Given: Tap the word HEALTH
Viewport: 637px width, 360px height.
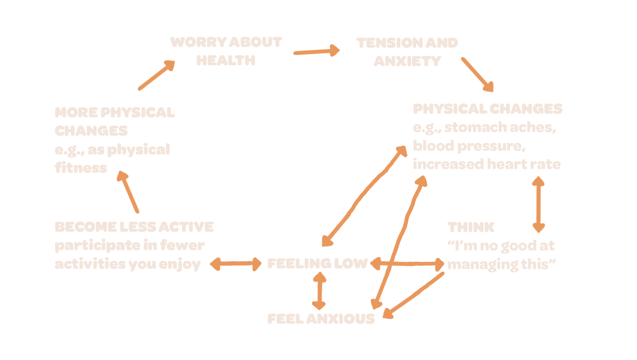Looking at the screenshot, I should (226, 60).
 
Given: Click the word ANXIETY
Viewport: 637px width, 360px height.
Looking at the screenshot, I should (407, 61).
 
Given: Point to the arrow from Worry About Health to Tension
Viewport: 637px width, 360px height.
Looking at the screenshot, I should (316, 51).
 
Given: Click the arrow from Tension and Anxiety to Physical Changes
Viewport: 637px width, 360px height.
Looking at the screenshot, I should (477, 74).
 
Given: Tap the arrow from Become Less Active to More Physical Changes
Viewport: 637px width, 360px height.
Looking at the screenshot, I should (128, 192).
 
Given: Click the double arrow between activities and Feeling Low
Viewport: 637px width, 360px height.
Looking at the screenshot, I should (235, 264).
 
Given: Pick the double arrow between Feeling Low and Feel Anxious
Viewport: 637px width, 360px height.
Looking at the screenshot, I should (319, 291).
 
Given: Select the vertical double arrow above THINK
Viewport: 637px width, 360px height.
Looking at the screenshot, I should (538, 204).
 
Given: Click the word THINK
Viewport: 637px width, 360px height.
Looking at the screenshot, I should (471, 227).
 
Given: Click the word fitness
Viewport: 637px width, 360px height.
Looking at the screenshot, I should (81, 168).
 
